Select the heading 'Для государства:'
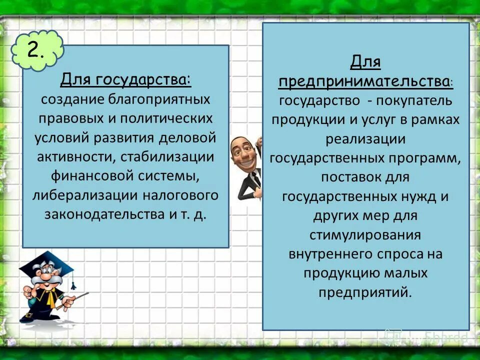(x=125, y=79)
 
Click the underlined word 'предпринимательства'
(x=363, y=81)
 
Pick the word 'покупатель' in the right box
(x=416, y=100)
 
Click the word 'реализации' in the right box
(x=365, y=138)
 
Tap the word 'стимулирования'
(x=365, y=234)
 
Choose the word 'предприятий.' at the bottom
(x=365, y=292)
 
